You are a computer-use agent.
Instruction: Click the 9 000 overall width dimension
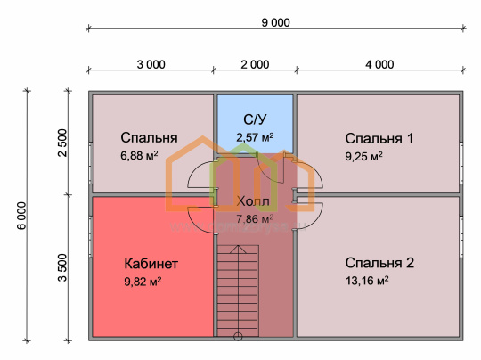275,22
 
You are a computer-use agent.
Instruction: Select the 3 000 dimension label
151,64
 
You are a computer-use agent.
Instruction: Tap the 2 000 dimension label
255,64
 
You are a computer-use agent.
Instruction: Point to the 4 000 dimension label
379,64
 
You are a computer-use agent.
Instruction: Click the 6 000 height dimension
21,216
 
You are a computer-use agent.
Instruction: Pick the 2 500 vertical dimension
62,143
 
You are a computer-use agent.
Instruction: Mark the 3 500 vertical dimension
62,267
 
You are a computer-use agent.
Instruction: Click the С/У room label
255,119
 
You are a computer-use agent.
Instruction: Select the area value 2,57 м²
255,137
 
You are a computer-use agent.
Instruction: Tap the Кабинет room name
151,264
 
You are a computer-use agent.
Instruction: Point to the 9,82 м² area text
143,281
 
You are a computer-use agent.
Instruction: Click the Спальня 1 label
379,138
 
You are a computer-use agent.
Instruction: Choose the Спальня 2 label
379,263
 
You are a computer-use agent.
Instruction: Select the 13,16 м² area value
367,281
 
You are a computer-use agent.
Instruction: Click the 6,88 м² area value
139,156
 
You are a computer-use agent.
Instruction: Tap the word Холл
253,201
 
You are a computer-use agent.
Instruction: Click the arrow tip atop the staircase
238,246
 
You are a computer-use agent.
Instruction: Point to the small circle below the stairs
238,337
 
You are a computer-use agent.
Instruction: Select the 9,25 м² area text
363,156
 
